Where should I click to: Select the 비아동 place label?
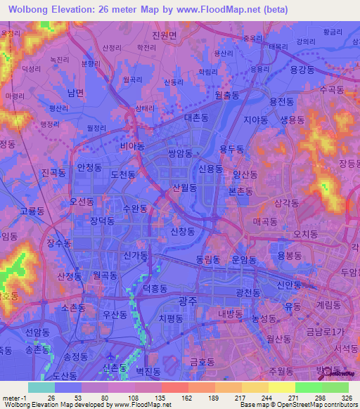pyautogui.click(x=132, y=146)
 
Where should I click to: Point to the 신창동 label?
pyautogui.click(x=183, y=231)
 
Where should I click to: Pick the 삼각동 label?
pyautogui.click(x=287, y=202)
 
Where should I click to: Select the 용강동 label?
pyautogui.click(x=301, y=70)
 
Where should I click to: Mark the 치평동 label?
pyautogui.click(x=170, y=318)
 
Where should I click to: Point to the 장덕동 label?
pyautogui.click(x=102, y=220)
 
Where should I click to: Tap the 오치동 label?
pyautogui.click(x=306, y=233)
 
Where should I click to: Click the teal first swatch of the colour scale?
pyautogui.click(x=41, y=387)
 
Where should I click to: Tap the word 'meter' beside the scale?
pyautogui.click(x=11, y=397)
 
